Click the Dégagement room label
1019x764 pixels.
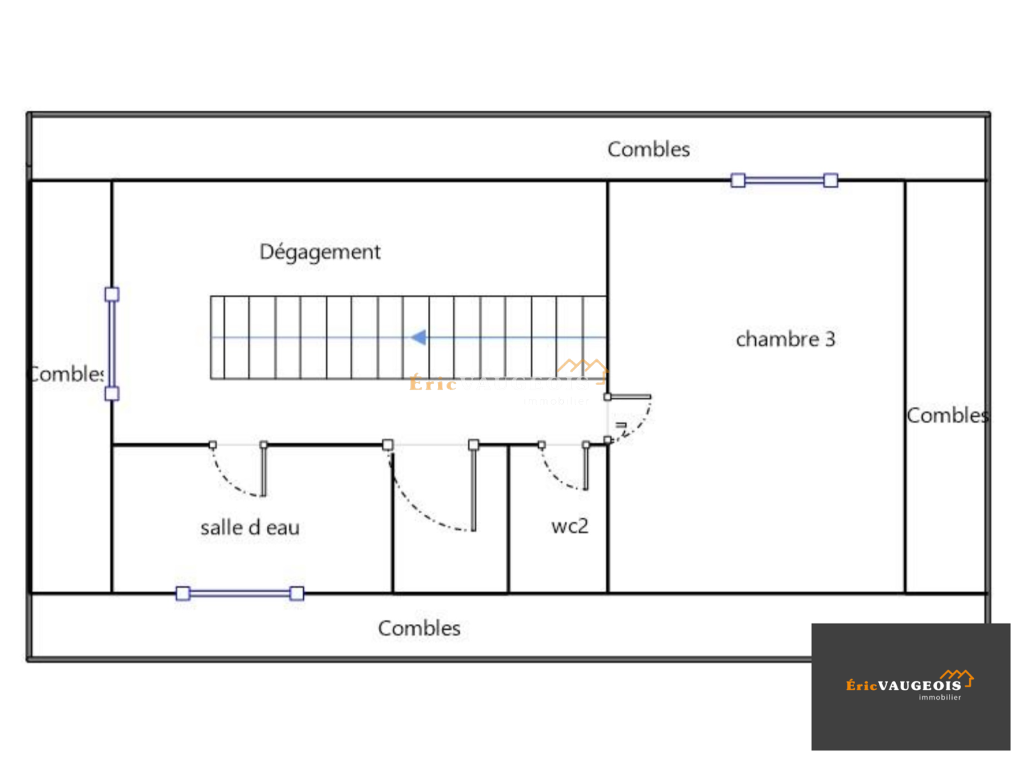(320, 252)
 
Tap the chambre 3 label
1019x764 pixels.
(785, 339)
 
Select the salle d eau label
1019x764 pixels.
(250, 528)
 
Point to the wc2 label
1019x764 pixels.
(569, 527)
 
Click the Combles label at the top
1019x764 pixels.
(648, 150)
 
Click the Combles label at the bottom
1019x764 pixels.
(419, 628)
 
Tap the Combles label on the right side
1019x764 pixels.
(946, 416)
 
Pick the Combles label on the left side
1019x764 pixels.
(68, 374)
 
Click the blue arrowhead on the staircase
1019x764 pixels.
(418, 337)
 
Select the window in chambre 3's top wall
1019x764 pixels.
(784, 181)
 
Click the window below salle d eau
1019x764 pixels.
(239, 593)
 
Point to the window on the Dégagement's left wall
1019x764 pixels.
(112, 344)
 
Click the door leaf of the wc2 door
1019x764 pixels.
(586, 467)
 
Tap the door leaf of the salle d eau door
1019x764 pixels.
(264, 470)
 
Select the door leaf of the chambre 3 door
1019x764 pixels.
(629, 397)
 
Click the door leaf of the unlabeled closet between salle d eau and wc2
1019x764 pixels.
(473, 487)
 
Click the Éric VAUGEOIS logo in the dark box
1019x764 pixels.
(903, 686)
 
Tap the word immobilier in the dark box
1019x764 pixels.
(939, 698)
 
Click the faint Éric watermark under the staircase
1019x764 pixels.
(433, 383)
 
